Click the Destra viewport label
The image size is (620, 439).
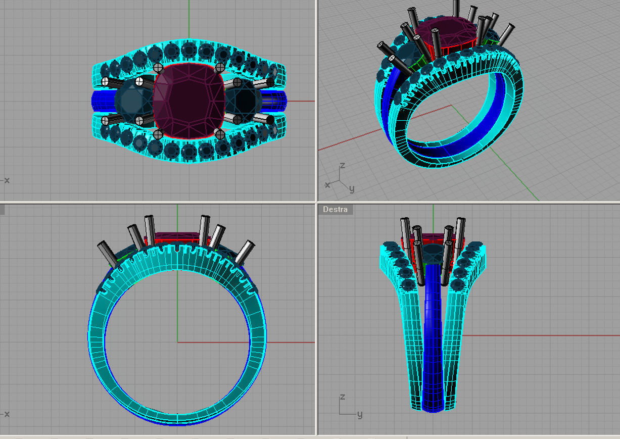pos(335,209)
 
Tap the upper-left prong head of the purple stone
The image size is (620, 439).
pos(158,67)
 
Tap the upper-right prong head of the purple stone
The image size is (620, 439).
pos(220,67)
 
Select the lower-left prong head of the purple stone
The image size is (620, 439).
pos(158,134)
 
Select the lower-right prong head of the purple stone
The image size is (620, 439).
pos(220,134)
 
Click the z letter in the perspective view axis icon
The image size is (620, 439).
pos(342,166)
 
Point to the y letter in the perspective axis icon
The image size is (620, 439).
pos(352,189)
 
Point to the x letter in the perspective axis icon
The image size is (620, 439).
pos(327,185)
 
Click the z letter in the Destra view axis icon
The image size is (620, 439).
pos(342,397)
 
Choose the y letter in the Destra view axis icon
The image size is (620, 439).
pos(359,414)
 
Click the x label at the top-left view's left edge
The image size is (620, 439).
pos(7,180)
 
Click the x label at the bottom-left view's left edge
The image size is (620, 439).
pos(7,414)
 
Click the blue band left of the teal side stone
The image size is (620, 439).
pos(103,101)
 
